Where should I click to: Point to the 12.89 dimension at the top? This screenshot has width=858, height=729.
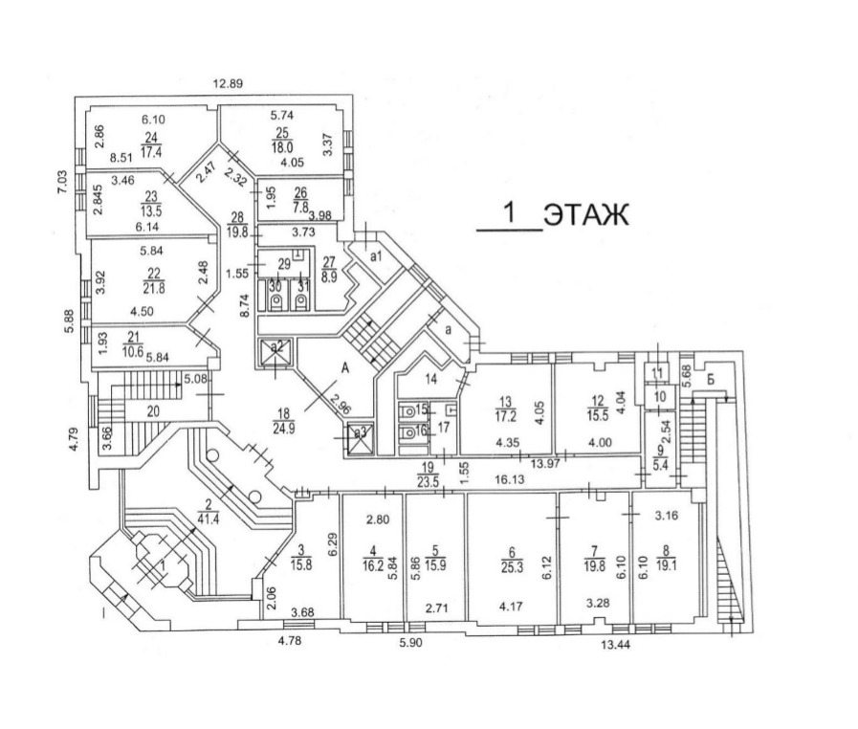229,83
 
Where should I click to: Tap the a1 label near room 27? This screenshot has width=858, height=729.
376,257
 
